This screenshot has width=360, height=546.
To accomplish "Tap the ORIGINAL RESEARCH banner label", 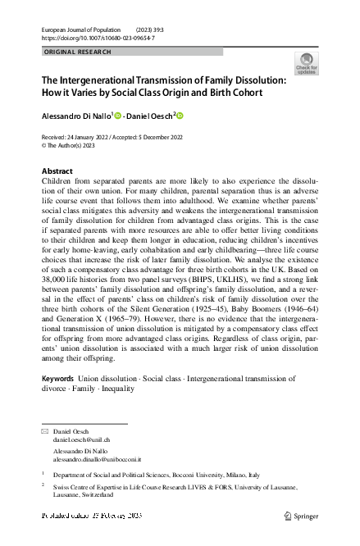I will click(x=73, y=52).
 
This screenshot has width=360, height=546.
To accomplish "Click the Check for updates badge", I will click(x=305, y=64).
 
